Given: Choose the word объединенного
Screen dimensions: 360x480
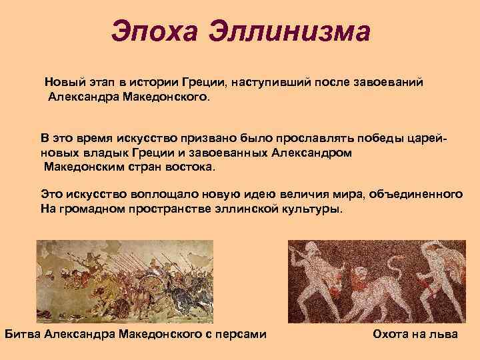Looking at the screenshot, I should pos(416,194).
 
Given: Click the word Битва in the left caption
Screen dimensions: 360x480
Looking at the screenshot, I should pos(22,333).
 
